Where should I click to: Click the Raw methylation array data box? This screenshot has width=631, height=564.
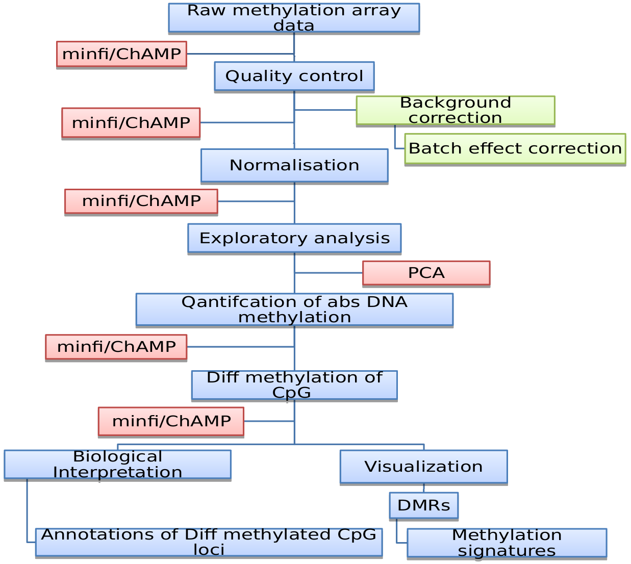(294, 18)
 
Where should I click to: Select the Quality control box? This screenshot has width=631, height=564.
(294, 76)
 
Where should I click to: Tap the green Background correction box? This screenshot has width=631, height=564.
(455, 110)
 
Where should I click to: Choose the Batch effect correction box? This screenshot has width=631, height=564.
(515, 149)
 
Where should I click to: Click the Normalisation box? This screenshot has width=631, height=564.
(294, 165)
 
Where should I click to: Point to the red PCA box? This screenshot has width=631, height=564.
(426, 273)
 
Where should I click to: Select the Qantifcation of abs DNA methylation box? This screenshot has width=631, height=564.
(294, 310)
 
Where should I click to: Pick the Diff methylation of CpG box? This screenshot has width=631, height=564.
(294, 385)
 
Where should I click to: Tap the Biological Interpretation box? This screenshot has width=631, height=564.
(117, 464)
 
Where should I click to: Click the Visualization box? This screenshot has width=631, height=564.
(423, 467)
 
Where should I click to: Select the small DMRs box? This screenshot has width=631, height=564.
(423, 505)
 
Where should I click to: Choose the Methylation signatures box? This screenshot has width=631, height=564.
(507, 543)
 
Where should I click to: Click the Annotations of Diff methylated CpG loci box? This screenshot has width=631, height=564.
(209, 542)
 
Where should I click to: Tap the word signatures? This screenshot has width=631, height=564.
(507, 551)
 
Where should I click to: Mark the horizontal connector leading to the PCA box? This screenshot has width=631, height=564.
(329, 273)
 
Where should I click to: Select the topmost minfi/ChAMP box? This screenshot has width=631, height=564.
(121, 54)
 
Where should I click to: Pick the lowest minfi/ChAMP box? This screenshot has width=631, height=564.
(171, 421)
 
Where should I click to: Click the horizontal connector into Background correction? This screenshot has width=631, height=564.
(325, 110)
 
